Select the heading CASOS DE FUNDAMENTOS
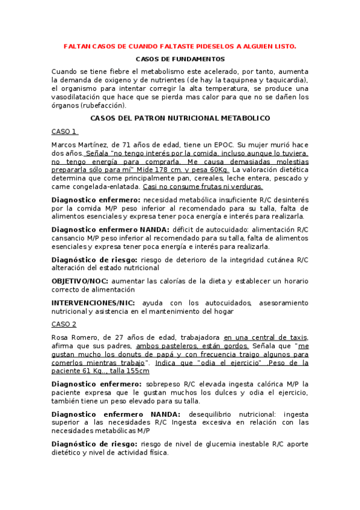(180, 59)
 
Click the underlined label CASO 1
(64, 131)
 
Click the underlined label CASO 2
(64, 324)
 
